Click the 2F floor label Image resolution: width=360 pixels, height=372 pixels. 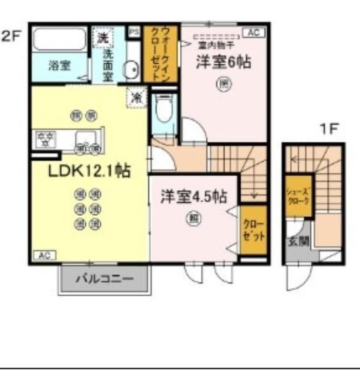point(12,36)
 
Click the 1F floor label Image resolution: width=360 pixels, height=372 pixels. point(328,129)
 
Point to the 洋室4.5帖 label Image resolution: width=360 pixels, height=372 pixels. point(194,197)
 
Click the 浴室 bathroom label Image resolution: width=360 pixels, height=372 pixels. point(59,66)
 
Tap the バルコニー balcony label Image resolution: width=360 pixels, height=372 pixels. point(105,279)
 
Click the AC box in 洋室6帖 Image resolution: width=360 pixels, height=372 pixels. point(254,33)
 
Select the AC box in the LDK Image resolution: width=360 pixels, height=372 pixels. point(45,255)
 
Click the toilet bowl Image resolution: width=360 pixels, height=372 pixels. point(164,109)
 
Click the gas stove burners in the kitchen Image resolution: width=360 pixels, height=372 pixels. point(46,139)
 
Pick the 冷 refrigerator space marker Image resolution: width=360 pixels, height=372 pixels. point(137,97)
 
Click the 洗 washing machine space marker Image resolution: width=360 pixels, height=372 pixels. point(102,38)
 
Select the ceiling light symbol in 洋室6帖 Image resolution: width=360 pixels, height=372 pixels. point(223,84)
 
